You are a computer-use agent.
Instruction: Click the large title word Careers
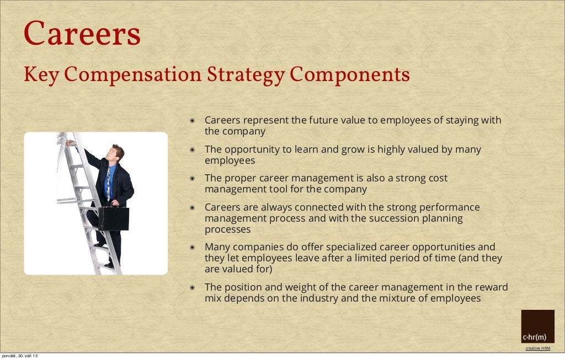click(82, 34)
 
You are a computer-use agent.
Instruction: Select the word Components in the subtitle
click(350, 75)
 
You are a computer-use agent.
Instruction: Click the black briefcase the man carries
click(113, 218)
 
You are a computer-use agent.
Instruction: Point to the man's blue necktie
click(108, 182)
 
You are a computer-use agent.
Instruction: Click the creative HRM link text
click(537, 348)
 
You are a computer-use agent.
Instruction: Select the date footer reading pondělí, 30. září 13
click(20, 356)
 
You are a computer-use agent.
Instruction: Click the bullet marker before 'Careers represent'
click(193, 120)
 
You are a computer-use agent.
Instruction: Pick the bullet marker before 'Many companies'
click(193, 247)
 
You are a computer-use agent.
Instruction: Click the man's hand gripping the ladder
click(70, 143)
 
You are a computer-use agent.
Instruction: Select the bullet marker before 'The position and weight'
click(193, 287)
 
